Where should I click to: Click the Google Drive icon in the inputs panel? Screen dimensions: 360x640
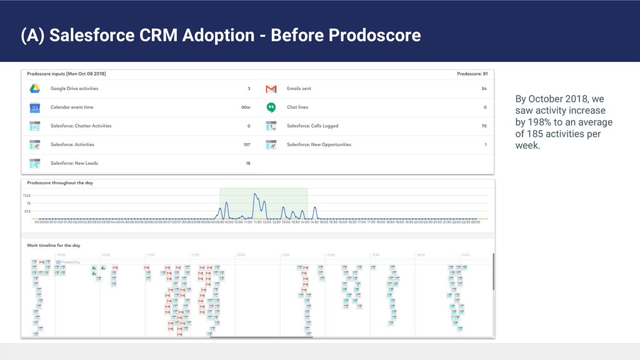[34, 89]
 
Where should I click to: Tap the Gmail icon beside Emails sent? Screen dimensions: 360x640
[271, 89]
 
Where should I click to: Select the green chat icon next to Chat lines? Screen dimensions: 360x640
[271, 107]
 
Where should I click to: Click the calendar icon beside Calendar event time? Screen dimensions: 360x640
[34, 107]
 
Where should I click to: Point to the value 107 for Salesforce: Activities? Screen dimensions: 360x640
[246, 144]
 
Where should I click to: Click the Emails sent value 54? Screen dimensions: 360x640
[484, 89]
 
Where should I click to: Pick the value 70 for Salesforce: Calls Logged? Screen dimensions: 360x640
[484, 126]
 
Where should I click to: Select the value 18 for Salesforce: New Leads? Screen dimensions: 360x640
[247, 163]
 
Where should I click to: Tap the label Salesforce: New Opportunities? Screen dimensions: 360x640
[319, 144]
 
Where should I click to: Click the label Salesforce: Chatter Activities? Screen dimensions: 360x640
[81, 126]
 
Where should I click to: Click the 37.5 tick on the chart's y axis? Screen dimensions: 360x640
[27, 211]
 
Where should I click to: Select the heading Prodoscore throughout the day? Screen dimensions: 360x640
[60, 182]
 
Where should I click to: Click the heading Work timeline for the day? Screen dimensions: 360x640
[54, 246]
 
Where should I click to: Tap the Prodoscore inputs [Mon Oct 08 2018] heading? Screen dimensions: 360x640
[66, 74]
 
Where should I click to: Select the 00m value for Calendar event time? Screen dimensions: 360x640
[246, 107]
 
